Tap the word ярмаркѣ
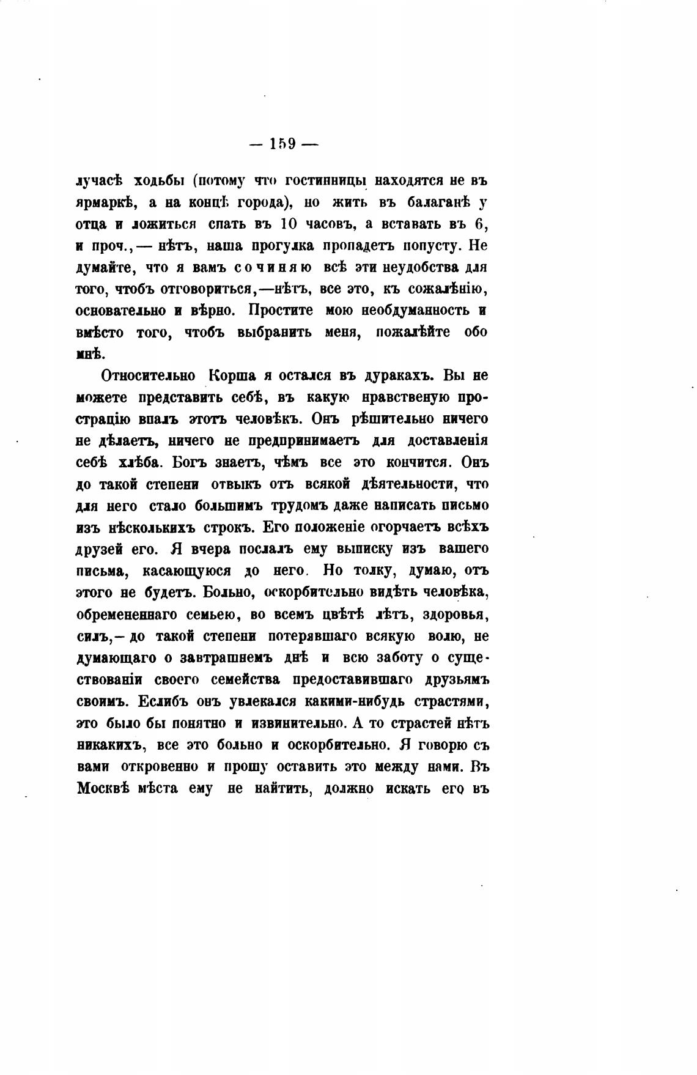102,203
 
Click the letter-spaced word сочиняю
265,268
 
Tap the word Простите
280,311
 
